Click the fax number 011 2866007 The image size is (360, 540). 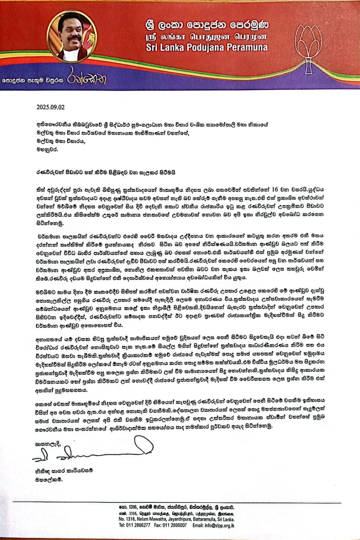(179, 525)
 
